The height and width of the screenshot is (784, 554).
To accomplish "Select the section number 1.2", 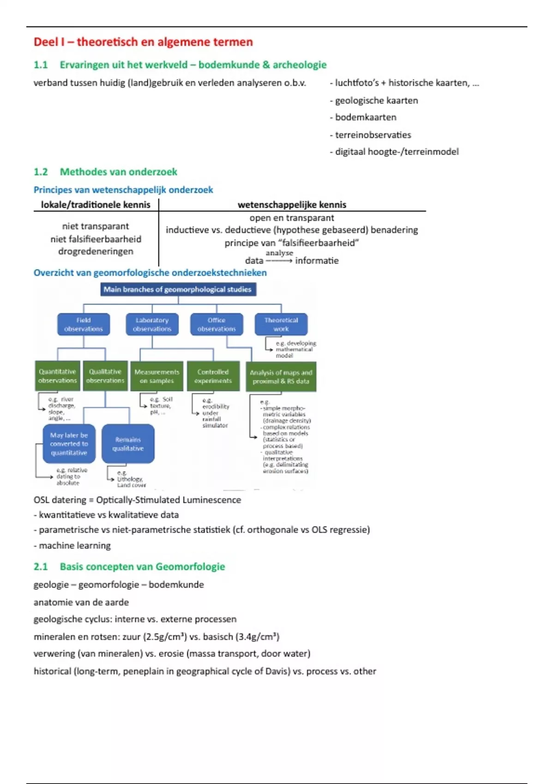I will (41, 172).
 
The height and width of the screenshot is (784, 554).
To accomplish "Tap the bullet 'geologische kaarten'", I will (376, 101).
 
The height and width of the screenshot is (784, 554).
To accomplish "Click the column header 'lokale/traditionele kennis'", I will (96, 205).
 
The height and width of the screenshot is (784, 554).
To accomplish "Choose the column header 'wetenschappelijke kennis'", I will (292, 205).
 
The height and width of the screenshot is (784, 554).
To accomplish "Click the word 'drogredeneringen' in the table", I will (96, 251).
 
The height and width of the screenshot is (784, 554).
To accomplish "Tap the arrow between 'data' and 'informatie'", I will (279, 261).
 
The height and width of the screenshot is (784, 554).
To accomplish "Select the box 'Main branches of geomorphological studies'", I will (178, 290).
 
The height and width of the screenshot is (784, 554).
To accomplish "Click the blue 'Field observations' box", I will (84, 324).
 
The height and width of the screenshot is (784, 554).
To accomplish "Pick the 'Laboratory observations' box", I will (152, 324).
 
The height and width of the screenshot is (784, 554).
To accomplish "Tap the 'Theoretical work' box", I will (281, 324).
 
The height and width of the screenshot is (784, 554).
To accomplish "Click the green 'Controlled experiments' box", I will (213, 376).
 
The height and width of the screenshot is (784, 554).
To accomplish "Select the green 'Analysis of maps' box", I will (281, 377).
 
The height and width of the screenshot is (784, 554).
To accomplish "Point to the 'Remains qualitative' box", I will (128, 444).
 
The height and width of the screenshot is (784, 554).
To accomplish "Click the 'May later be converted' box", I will (69, 444).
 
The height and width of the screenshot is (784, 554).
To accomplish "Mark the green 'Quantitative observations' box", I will (57, 376).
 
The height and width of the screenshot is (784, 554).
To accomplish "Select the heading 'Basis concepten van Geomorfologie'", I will (142, 567).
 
